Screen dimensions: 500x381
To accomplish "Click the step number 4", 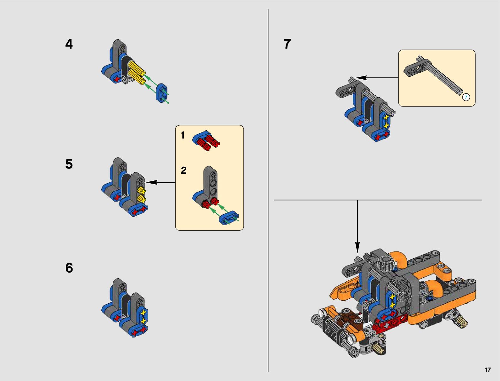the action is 69,44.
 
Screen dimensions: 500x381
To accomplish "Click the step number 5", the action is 69,164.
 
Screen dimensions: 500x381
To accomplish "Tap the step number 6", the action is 69,268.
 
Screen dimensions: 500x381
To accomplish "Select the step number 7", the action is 287,44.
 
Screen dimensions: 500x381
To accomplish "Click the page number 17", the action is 488,370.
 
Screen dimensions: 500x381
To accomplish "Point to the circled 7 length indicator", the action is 466,97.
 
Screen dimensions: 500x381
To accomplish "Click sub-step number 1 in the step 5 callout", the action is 182,136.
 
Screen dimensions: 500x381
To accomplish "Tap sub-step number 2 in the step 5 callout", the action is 183,171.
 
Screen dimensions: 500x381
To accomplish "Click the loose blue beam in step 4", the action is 162,93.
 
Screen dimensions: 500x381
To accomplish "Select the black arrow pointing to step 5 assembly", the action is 160,182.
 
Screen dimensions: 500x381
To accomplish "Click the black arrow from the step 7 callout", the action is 377,78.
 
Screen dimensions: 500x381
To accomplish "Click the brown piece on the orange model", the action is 350,318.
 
